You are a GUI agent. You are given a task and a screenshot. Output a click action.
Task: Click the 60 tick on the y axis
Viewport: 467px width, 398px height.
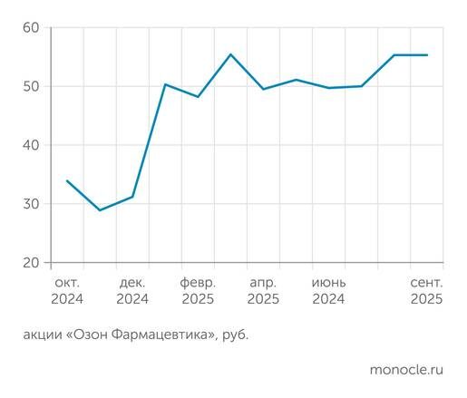coord(30,28)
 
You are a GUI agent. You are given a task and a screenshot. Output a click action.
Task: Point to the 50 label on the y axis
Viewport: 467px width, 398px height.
coord(30,87)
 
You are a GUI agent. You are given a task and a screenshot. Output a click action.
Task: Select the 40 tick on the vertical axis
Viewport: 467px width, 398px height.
coord(30,145)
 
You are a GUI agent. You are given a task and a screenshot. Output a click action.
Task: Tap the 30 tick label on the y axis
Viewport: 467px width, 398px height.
coord(30,204)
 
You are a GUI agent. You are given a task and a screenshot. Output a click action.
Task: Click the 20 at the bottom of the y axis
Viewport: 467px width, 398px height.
coord(30,263)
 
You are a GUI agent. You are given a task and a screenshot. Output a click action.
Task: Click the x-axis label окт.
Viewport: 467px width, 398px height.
coord(67,283)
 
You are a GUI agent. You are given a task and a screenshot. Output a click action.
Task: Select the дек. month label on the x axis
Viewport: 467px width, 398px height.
coord(132,283)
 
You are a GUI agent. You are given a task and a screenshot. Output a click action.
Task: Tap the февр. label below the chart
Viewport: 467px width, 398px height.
coord(198,283)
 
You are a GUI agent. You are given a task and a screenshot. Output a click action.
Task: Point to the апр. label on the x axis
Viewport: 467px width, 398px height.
coord(263,283)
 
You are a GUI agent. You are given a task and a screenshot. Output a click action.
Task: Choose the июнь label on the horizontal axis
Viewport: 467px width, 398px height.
coord(328,283)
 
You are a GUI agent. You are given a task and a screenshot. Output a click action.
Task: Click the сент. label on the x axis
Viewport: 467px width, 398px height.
coord(426,283)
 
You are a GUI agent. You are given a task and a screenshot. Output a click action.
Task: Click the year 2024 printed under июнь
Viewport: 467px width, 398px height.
coord(328,299)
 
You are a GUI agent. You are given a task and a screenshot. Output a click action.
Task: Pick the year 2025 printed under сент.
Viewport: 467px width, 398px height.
coord(426,299)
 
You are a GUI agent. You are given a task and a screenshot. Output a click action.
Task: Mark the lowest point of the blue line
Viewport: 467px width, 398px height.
coord(100,210)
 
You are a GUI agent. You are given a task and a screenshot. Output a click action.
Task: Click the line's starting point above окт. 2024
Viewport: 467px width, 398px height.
coord(67,180)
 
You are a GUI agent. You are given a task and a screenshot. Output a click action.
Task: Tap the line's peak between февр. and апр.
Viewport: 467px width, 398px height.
coord(230,54)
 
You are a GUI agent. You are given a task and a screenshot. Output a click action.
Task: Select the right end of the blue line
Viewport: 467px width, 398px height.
coord(427,55)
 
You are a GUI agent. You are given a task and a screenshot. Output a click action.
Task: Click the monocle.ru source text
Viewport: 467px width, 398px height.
coord(406,370)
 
